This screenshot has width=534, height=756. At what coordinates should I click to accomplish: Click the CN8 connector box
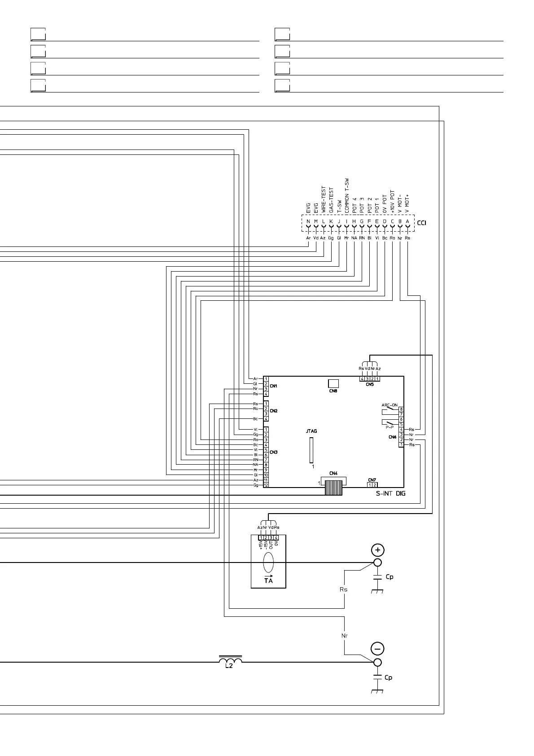(333, 383)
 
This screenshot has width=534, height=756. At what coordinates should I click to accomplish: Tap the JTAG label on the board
(311, 431)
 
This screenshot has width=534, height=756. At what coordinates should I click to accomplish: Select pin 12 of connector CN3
(266, 485)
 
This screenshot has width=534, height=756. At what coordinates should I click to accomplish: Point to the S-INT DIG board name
(390, 494)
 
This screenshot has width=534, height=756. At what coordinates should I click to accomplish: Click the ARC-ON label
(389, 405)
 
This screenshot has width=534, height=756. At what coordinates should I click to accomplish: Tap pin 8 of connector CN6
(401, 409)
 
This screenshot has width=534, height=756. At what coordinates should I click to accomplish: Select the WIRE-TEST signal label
(323, 200)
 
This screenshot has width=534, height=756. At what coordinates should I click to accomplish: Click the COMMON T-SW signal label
(346, 195)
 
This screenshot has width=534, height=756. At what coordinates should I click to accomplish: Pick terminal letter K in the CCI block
(331, 222)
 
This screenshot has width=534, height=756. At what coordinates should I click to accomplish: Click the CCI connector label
(422, 223)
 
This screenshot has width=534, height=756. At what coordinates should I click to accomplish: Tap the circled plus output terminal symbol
(377, 550)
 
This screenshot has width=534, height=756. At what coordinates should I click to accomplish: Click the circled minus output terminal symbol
(377, 649)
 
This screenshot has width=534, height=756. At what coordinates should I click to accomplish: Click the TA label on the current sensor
(268, 580)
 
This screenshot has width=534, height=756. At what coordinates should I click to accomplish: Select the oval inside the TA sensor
(268, 562)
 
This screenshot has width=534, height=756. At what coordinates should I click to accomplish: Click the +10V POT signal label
(392, 201)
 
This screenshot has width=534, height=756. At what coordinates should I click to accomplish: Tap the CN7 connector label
(372, 480)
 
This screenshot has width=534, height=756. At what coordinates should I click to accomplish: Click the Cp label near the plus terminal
(390, 577)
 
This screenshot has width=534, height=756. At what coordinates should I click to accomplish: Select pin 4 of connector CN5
(362, 379)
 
